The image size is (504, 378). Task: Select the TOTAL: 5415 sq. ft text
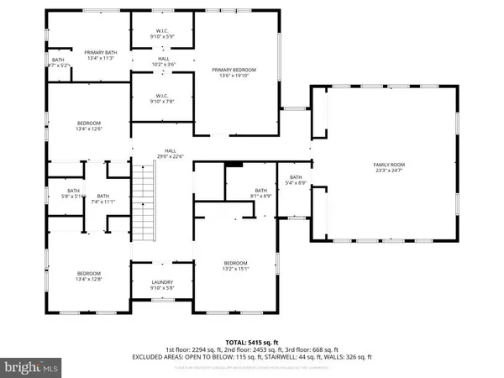click(x=251, y=342)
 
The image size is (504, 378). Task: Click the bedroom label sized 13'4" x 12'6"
click(x=89, y=126)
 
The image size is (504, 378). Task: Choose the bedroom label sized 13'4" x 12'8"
click(x=89, y=276)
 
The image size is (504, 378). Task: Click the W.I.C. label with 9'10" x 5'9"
click(x=163, y=35)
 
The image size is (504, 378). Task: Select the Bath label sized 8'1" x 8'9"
click(x=260, y=193)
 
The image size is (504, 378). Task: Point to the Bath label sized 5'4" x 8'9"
click(x=295, y=180)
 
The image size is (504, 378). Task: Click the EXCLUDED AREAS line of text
click(x=251, y=356)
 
